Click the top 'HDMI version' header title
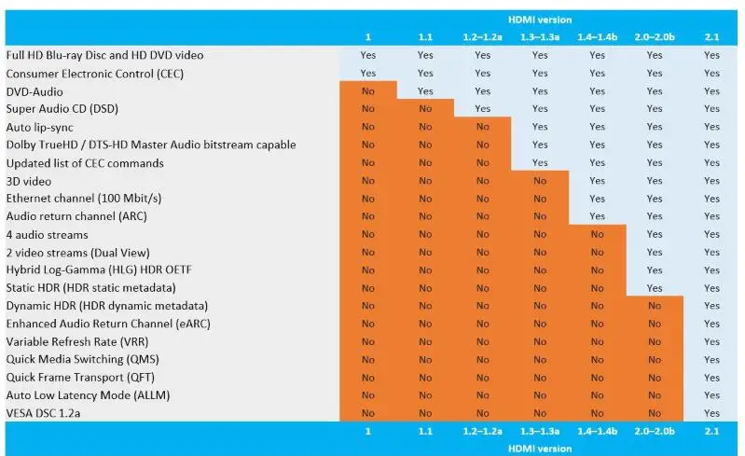click(x=541, y=20)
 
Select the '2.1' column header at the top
click(x=712, y=37)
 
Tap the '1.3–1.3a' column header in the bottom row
click(x=540, y=432)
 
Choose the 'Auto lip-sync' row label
click(x=39, y=127)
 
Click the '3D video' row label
click(x=29, y=181)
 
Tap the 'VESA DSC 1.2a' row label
click(x=43, y=413)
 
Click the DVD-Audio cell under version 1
click(x=368, y=91)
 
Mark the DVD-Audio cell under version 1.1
click(x=425, y=91)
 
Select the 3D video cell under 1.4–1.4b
click(x=598, y=181)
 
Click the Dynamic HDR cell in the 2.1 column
click(x=712, y=306)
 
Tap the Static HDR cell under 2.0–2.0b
click(x=655, y=288)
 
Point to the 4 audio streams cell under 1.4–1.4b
click(x=598, y=234)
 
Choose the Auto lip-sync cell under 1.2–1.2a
click(x=482, y=127)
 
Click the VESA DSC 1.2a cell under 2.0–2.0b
click(x=655, y=413)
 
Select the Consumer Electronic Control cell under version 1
click(x=368, y=74)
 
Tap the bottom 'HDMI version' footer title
click(x=541, y=448)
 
